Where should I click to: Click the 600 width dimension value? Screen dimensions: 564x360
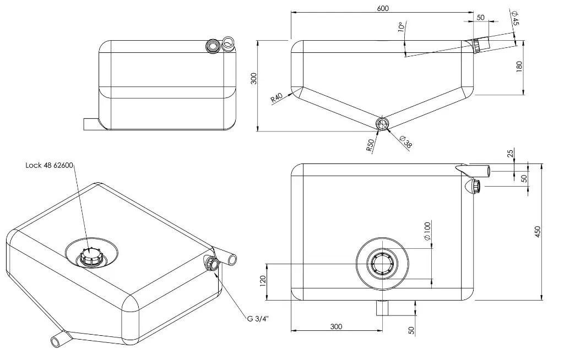(383, 8)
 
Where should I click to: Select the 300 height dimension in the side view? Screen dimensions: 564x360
(254, 78)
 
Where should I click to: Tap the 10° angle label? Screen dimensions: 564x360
(402, 27)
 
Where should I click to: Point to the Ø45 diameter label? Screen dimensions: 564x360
(515, 18)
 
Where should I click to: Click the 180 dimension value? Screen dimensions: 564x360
(519, 66)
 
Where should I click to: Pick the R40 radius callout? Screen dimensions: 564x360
(277, 97)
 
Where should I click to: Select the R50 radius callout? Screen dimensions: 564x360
(370, 145)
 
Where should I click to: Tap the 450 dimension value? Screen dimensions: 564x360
(538, 232)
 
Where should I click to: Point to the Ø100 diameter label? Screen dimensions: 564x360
(427, 231)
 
